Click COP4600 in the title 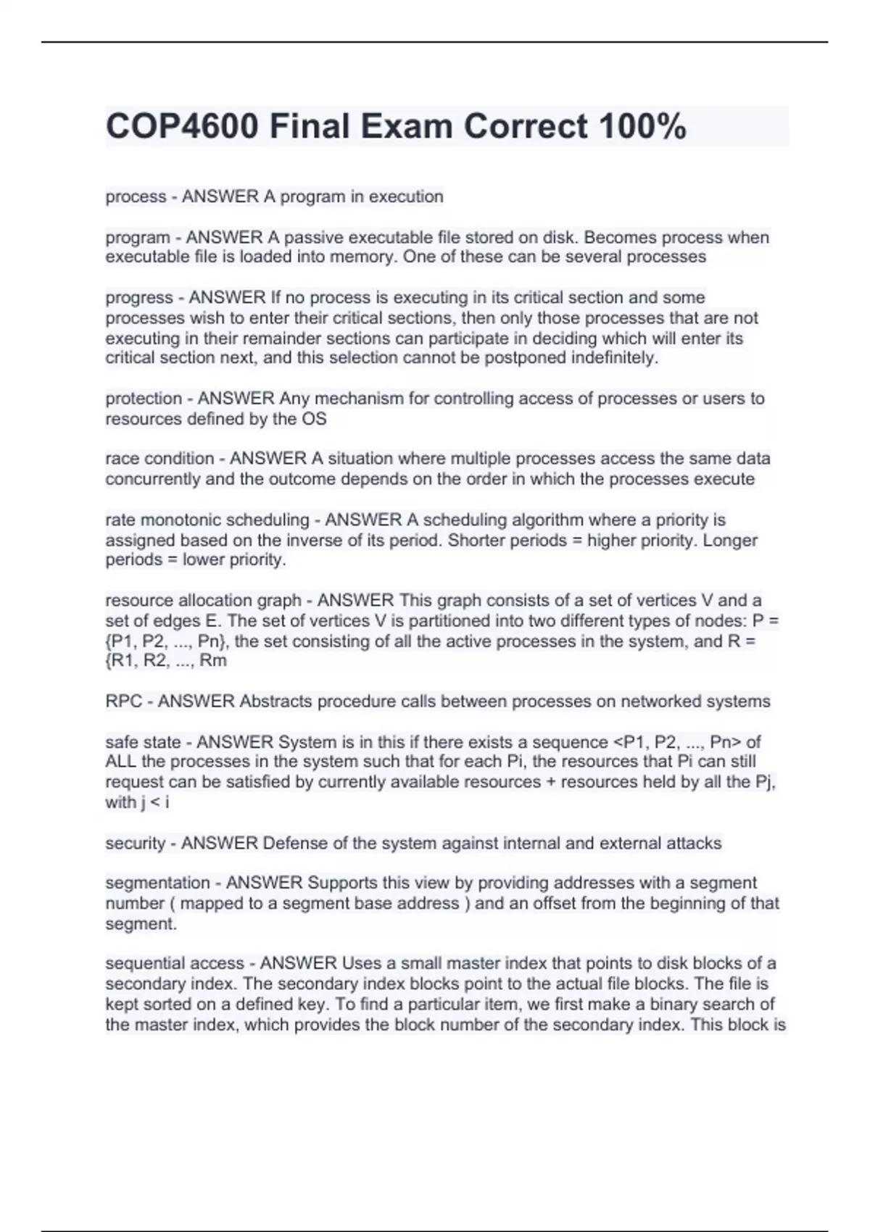(182, 127)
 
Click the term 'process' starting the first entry (136, 196)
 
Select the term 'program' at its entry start (138, 237)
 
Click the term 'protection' (144, 398)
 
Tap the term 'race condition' (159, 458)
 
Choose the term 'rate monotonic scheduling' (207, 520)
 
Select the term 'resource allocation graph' (203, 600)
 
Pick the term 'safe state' (143, 741)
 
